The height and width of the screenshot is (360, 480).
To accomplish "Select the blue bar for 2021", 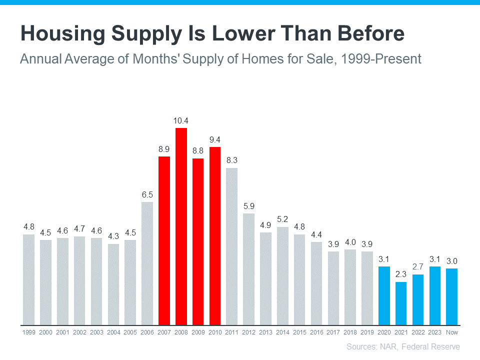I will point(401,303).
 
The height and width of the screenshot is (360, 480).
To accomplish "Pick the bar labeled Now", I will point(452,296).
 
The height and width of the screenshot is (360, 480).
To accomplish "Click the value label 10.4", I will point(181,120).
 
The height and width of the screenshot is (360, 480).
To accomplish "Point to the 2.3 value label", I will point(401,274).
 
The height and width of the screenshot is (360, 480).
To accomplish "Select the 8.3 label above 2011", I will point(232,160).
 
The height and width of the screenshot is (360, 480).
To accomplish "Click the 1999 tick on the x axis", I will point(28,332).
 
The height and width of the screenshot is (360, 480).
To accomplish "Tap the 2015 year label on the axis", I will point(299,332).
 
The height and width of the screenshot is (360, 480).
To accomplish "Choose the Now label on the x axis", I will point(452,332).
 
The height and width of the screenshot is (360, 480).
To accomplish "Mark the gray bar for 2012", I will point(248,269).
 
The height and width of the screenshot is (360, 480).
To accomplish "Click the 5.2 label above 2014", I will point(282,219).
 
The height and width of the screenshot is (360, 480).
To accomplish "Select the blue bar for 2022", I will point(418,299).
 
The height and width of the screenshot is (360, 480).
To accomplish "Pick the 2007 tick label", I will point(164,332).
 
